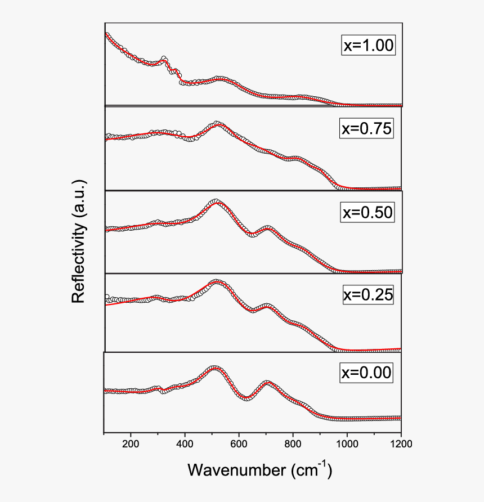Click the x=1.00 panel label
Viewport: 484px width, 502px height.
(x=369, y=45)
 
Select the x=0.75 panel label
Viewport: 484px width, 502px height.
(x=367, y=129)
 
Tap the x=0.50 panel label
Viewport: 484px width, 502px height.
(x=367, y=212)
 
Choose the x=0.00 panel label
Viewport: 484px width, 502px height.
(x=366, y=373)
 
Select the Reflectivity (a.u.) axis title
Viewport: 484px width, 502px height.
(x=79, y=242)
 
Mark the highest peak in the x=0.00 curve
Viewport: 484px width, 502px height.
(x=214, y=369)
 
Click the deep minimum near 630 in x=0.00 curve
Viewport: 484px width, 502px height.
(x=247, y=398)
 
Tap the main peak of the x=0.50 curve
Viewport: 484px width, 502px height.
(x=215, y=201)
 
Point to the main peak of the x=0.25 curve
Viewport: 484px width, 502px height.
(x=216, y=282)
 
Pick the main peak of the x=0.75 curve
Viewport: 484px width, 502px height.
(x=217, y=124)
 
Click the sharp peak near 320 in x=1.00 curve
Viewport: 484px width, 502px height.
(x=164, y=58)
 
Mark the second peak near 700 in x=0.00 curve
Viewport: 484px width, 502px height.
(x=267, y=383)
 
